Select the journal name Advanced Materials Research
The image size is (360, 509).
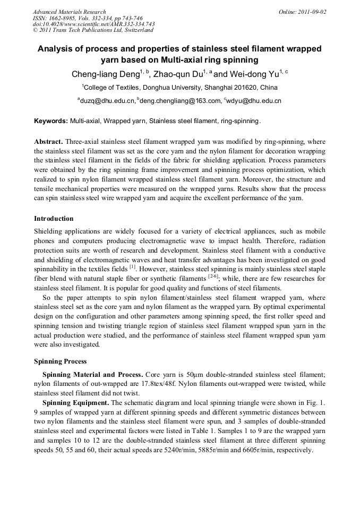(69, 12)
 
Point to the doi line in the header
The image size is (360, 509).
(93, 24)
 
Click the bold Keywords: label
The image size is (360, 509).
(51, 121)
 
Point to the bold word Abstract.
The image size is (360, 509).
(49, 142)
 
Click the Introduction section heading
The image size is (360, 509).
(54, 219)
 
